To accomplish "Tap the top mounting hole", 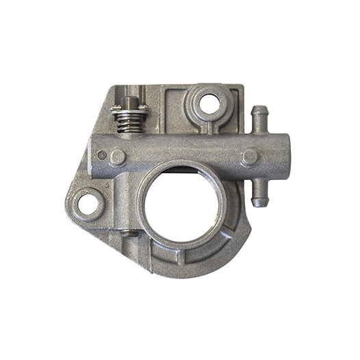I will pyautogui.click(x=210, y=104).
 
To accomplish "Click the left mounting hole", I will pyautogui.click(x=88, y=203).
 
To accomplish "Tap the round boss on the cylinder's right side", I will pyautogui.click(x=249, y=157).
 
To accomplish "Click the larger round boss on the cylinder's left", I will pyautogui.click(x=118, y=157).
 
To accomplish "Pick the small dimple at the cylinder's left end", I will pyautogui.click(x=102, y=155).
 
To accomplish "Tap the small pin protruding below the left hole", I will pyautogui.click(x=127, y=234).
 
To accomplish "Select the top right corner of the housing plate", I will pyautogui.click(x=240, y=88).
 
